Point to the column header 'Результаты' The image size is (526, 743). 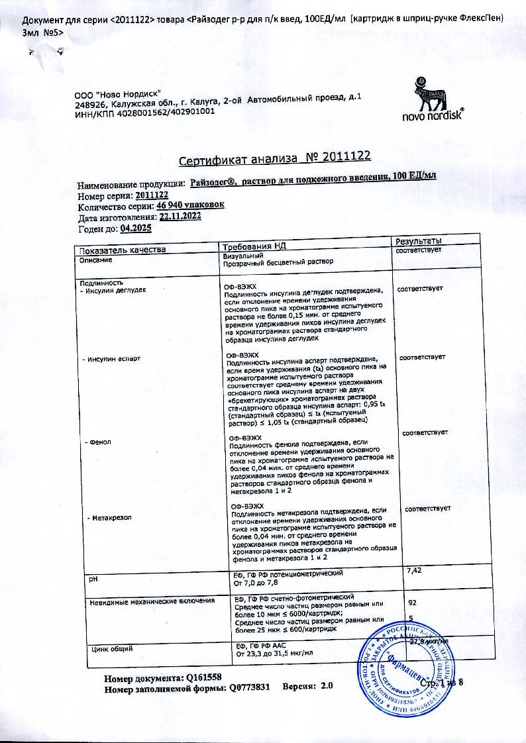tap(419, 240)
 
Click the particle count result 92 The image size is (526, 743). tap(412, 603)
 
